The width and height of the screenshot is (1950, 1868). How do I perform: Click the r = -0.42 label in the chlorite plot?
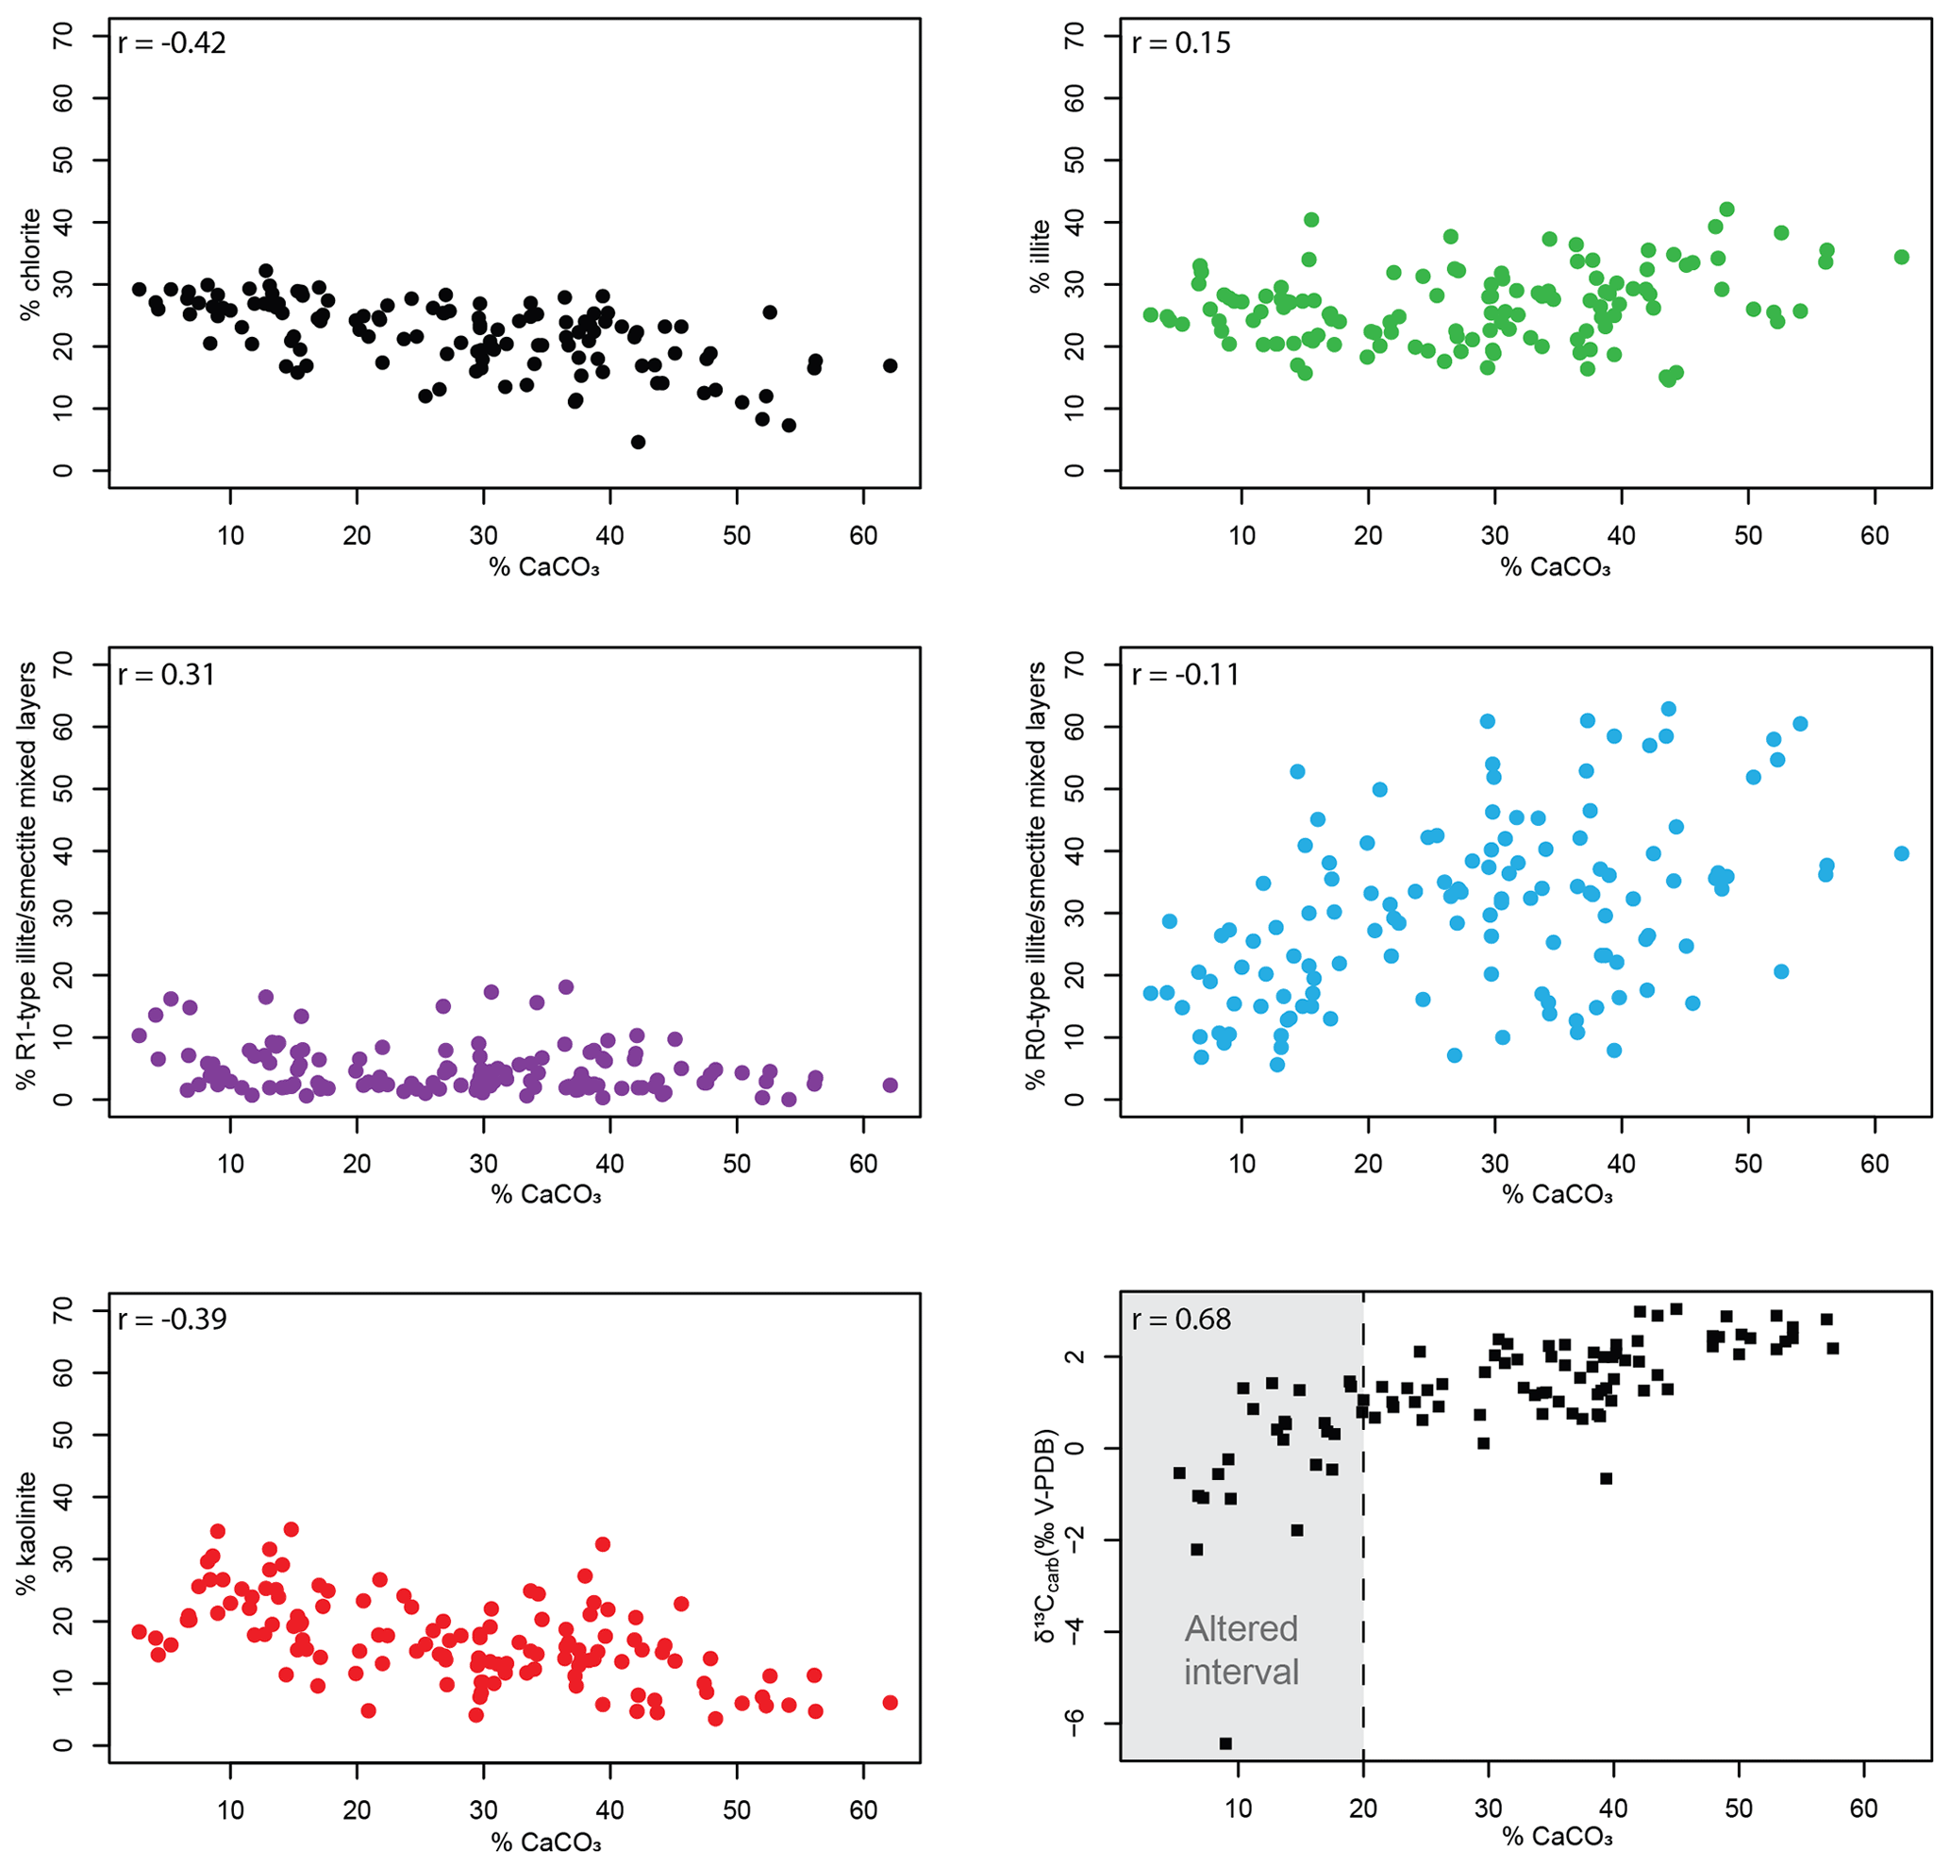[x=172, y=43]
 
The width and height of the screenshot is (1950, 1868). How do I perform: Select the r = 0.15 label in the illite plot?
[x=1181, y=43]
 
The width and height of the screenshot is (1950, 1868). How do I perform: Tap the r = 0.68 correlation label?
[x=1181, y=1320]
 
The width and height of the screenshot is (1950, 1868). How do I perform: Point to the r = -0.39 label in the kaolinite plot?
[x=172, y=1320]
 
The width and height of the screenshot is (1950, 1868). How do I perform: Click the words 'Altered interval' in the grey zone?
[x=1242, y=1650]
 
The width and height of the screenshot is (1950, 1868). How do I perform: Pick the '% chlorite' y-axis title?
[x=31, y=264]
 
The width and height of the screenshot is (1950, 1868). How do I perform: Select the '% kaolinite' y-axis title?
[x=26, y=1534]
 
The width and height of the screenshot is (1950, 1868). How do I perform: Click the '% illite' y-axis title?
[x=1040, y=257]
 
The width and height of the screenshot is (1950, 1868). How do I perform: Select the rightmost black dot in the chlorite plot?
[x=890, y=366]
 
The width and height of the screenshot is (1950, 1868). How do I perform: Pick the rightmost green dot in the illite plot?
[x=1901, y=257]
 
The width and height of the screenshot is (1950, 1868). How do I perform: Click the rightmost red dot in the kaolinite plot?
[x=890, y=1703]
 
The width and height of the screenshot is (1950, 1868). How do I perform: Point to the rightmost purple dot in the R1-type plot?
[x=890, y=1085]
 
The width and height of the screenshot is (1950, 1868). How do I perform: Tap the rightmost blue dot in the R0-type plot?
[x=1901, y=853]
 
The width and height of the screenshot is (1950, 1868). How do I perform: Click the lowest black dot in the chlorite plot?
[x=638, y=442]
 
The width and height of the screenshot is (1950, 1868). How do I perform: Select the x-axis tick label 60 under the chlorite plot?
[x=862, y=535]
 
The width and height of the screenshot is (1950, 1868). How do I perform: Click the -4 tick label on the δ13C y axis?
[x=1073, y=1631]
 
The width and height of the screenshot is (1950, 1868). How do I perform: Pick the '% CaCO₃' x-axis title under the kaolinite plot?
[x=546, y=1843]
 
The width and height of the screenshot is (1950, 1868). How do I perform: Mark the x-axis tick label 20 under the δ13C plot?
[x=1363, y=1809]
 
